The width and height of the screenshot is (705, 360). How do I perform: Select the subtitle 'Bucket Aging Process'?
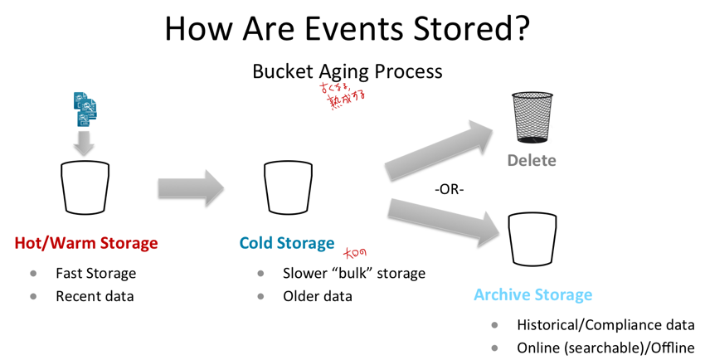click(347, 71)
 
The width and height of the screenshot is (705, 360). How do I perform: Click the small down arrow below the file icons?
click(85, 144)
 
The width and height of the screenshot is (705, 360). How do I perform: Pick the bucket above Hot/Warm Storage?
click(85, 187)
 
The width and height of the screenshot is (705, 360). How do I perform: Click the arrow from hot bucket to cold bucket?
click(191, 187)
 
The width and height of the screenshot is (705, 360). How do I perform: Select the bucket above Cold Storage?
click(288, 187)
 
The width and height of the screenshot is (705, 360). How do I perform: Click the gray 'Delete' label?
click(532, 160)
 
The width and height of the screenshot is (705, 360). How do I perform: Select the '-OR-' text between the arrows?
click(449, 189)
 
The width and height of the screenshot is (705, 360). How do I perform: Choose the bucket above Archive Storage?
click(532, 239)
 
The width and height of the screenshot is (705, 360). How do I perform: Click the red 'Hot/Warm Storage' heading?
click(85, 243)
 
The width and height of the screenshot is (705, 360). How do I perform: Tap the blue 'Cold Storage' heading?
click(286, 243)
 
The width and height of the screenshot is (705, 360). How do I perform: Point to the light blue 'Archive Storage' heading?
click(532, 294)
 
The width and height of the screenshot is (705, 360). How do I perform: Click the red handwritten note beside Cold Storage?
click(355, 252)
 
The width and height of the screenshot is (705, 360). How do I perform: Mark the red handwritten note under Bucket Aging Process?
click(343, 96)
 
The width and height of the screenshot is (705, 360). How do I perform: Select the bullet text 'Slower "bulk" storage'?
click(353, 272)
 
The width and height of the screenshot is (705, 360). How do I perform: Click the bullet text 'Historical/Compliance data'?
click(605, 325)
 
